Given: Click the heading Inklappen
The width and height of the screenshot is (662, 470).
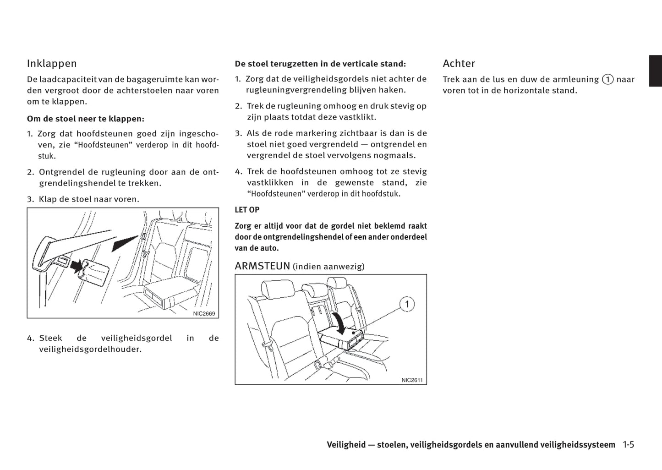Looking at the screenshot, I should click(x=52, y=64).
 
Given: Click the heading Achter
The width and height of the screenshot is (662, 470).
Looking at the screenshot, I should click(x=459, y=64).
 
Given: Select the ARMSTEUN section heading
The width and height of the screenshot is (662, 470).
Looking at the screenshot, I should click(x=263, y=266).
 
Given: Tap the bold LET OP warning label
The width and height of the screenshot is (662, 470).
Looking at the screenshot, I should click(x=247, y=210).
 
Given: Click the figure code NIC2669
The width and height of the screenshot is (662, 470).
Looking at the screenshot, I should click(x=204, y=314).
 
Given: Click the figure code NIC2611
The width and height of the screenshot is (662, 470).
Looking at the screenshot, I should click(x=412, y=380).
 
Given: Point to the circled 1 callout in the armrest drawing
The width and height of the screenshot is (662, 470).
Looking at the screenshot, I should click(x=407, y=304).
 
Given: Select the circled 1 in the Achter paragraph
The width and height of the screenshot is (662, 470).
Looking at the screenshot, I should click(x=607, y=79).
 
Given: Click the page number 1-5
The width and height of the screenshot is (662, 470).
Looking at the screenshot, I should click(x=628, y=445).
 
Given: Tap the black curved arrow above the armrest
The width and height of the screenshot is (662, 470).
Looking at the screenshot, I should click(x=340, y=322).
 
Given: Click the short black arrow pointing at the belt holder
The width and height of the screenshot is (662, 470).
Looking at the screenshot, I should click(x=76, y=265).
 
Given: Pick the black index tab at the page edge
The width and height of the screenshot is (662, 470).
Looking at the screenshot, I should click(x=655, y=71).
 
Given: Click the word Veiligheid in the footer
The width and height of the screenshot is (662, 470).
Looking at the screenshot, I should click(x=346, y=445).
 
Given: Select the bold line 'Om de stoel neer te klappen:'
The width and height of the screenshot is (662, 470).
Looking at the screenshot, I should click(x=86, y=119).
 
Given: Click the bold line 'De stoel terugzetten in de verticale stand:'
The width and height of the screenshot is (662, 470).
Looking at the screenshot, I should click(x=320, y=64).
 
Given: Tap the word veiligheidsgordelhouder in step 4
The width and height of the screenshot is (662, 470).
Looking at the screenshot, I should click(x=90, y=350).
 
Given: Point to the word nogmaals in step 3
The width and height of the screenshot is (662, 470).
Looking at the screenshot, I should click(x=398, y=155).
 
